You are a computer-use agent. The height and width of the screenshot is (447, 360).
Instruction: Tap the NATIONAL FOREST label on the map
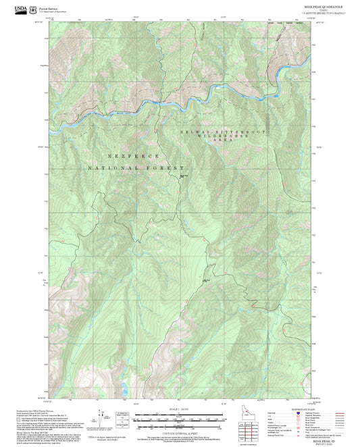coord(136,167)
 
